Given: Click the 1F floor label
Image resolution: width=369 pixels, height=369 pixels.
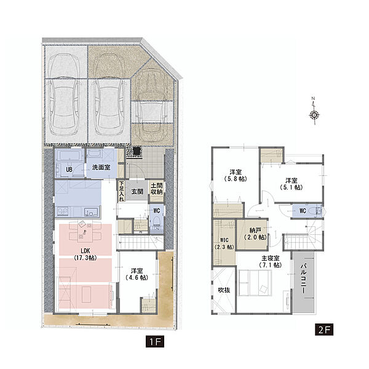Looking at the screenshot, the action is (x=154, y=341).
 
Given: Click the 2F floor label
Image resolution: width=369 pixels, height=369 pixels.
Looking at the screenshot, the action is (x=324, y=330).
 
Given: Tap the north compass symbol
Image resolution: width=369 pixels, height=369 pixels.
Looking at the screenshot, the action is (x=314, y=111).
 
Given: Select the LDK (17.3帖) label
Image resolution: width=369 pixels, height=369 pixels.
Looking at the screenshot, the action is (x=85, y=255).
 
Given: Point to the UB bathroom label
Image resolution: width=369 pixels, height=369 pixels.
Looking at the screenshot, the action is (x=69, y=170).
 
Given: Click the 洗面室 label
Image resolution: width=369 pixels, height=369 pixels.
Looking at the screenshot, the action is (x=101, y=167).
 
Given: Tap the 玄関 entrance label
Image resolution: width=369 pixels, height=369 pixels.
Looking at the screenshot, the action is (x=137, y=191).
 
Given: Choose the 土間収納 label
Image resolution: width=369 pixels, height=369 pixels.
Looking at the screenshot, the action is (x=157, y=189).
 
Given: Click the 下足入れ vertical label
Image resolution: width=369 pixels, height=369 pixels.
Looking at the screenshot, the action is (x=121, y=191).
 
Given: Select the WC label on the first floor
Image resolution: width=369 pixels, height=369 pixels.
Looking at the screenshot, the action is (x=156, y=210).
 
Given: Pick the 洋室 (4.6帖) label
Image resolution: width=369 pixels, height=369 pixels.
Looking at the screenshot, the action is (x=137, y=274).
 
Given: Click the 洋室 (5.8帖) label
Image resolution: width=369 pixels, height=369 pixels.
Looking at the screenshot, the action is (x=236, y=175).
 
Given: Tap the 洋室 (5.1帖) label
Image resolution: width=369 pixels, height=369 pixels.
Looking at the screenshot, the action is (x=292, y=184).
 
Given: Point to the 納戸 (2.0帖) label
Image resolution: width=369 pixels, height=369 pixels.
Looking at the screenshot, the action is (x=255, y=234).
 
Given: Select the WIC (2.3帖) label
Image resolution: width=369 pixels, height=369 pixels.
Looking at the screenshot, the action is (x=224, y=244).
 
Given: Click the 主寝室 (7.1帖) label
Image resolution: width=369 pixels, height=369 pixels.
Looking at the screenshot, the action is (x=270, y=261).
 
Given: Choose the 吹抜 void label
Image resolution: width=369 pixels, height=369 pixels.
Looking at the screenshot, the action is (x=224, y=290).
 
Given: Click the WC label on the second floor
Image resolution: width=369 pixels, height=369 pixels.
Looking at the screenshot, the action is (x=303, y=210).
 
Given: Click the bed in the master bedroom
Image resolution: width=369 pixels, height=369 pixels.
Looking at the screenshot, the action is (x=255, y=283).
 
